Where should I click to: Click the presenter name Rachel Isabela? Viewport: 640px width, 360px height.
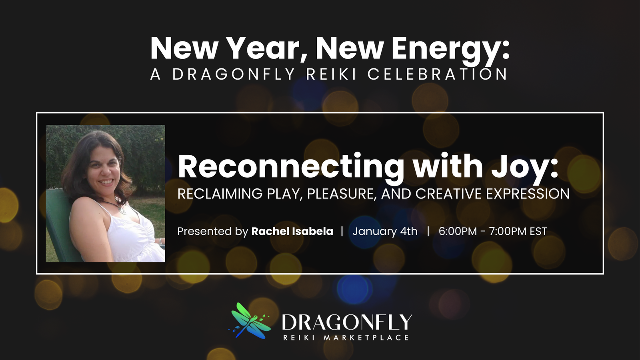[x=292, y=231]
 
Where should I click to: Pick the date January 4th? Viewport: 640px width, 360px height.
[x=385, y=231]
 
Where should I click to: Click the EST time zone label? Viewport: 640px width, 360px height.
[x=538, y=231]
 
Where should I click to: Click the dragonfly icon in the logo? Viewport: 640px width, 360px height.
[x=250, y=321]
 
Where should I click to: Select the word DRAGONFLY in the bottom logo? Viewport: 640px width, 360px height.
[x=347, y=322]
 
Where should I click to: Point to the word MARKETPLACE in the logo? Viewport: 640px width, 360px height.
[x=366, y=338]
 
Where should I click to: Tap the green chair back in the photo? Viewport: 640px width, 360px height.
[x=60, y=226]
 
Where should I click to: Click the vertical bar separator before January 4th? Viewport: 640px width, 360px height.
[x=342, y=231]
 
